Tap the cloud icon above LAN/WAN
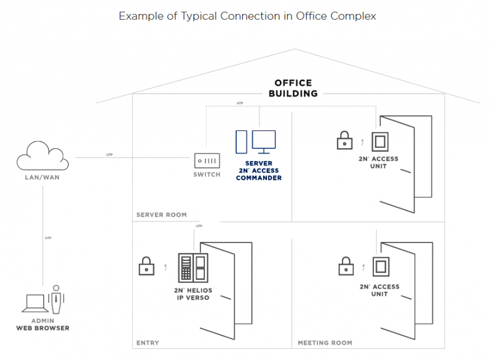pos(42,156)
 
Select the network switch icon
pos(206,161)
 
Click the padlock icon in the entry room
pos(146,266)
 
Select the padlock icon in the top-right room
pos(344,141)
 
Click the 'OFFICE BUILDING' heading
pos(293,88)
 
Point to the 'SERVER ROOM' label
pos(161,215)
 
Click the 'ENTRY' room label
pos(148,342)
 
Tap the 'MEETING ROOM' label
pos(325,342)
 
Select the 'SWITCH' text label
pos(206,175)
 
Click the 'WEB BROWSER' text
pos(42,328)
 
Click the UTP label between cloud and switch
pos(109,154)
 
